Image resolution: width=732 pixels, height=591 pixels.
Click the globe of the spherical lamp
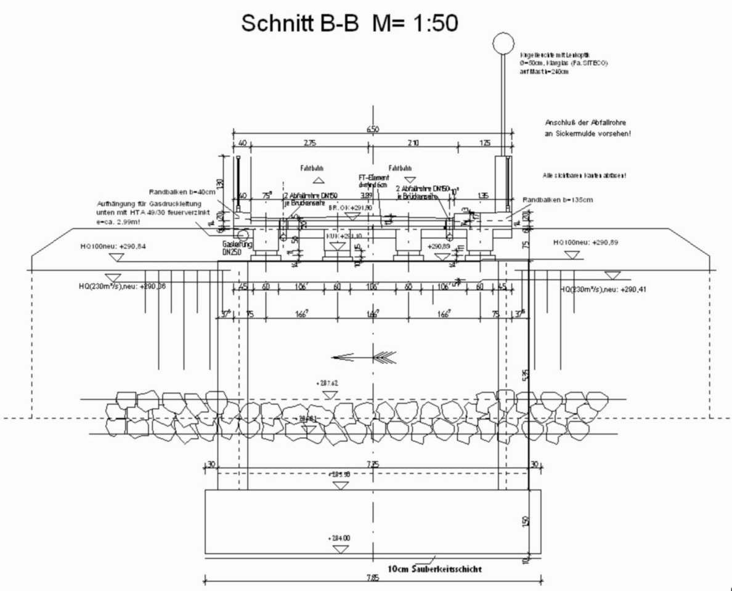click(x=503, y=44)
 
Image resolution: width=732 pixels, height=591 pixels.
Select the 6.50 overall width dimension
click(x=372, y=129)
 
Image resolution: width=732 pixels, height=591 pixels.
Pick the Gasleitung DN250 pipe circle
click(x=242, y=234)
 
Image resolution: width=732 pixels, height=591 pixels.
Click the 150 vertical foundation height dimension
click(x=526, y=520)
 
